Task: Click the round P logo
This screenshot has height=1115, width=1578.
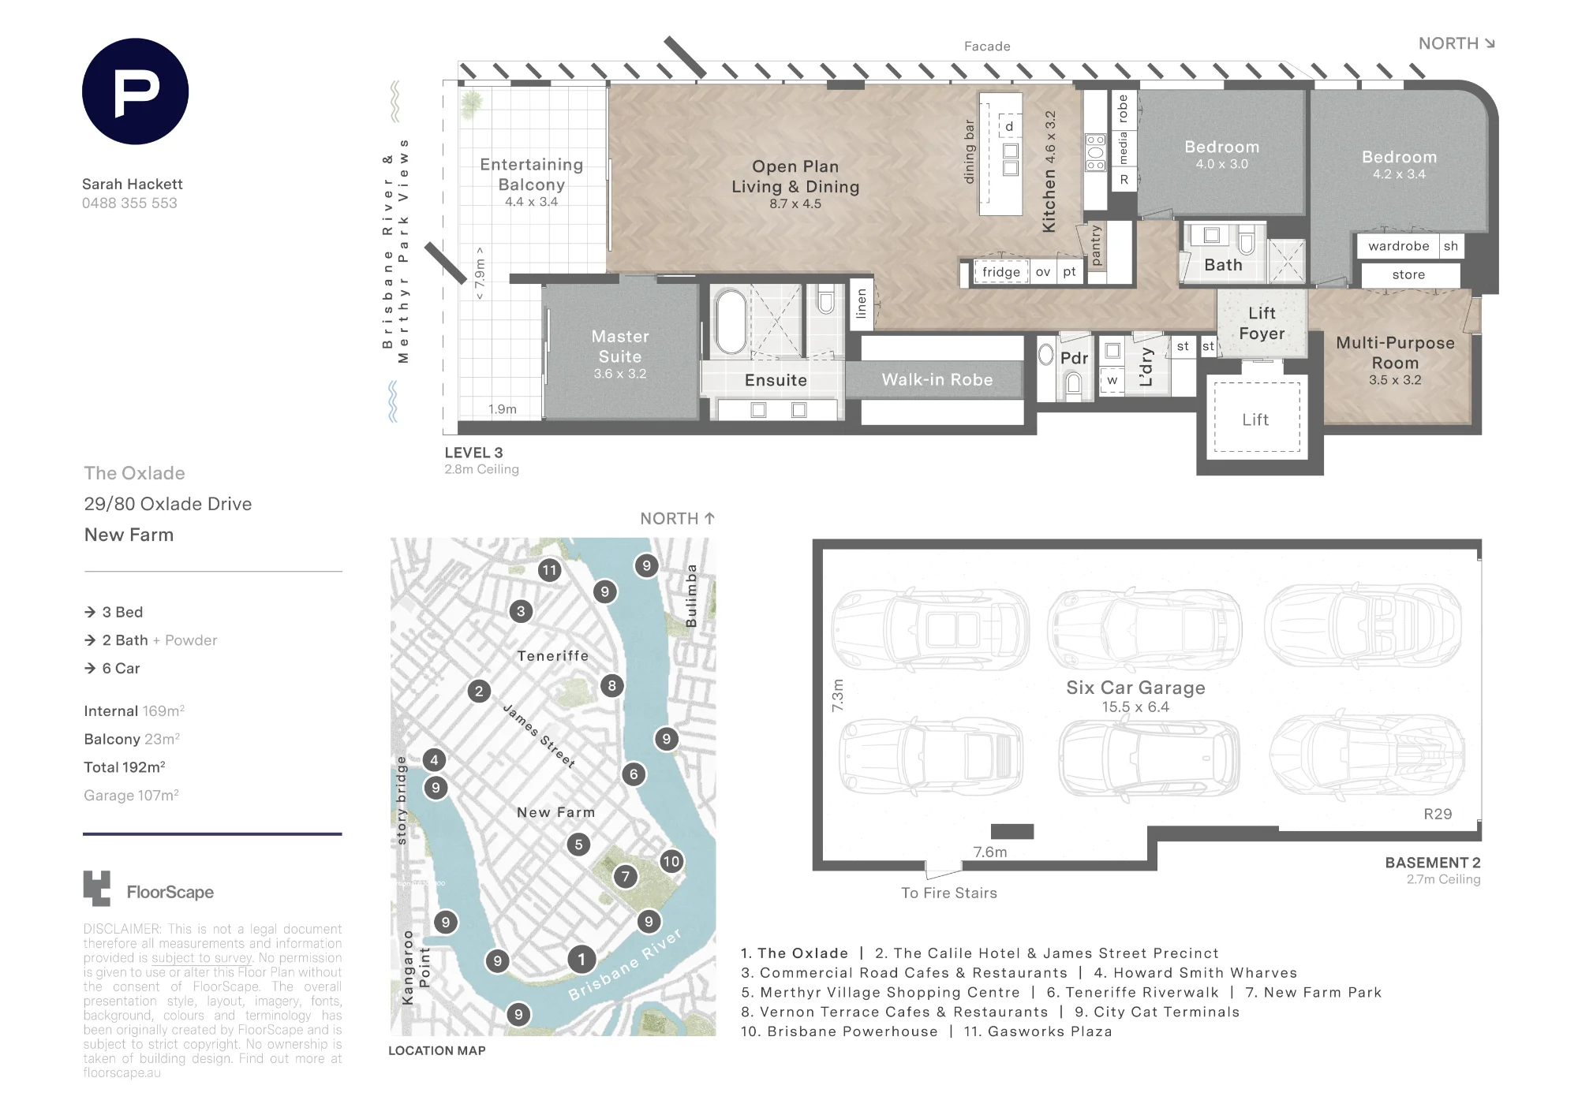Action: (135, 91)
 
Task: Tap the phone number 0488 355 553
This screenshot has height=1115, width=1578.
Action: (129, 203)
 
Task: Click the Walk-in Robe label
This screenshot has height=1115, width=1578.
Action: (937, 380)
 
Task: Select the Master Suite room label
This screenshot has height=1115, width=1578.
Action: (620, 346)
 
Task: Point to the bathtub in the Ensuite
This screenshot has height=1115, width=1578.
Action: (731, 323)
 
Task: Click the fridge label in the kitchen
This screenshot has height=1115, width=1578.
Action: (1001, 272)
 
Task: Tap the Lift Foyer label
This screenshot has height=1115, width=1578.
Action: (1262, 323)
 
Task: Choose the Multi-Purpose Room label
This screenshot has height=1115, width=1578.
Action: (1395, 352)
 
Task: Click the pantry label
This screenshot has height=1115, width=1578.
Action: (1095, 244)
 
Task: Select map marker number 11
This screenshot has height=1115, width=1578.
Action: (549, 570)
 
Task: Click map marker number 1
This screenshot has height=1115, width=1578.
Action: (581, 960)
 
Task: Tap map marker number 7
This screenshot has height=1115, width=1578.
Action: (626, 876)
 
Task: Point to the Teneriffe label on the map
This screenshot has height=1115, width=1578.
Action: (553, 656)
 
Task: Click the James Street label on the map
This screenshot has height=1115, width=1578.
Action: (539, 736)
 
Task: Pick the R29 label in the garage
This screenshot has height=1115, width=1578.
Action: (1438, 814)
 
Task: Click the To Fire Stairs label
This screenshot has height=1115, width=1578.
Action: (949, 893)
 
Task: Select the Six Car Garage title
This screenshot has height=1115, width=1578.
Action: (1135, 688)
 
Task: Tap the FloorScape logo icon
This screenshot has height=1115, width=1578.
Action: (97, 889)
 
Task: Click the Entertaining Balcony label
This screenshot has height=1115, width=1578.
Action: (532, 174)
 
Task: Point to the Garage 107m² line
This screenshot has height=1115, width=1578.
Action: (131, 796)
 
